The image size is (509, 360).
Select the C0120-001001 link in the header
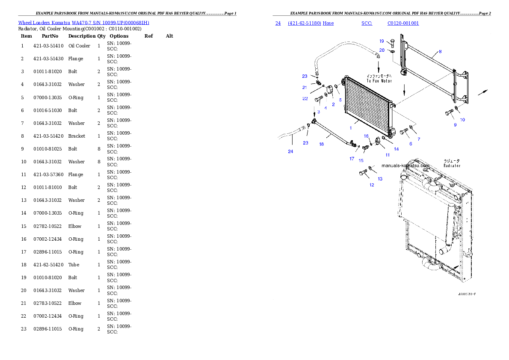[x=403, y=23]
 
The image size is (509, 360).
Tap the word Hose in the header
[x=328, y=23]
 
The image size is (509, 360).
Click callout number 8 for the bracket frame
[x=440, y=52]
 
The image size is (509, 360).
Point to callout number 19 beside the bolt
[x=382, y=41]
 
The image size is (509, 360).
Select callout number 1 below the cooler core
[x=351, y=128]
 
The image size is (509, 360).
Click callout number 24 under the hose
[x=290, y=151]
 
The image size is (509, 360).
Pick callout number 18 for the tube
[x=321, y=144]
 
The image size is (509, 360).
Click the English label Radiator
[x=452, y=165]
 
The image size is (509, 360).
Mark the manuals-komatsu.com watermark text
[x=405, y=166]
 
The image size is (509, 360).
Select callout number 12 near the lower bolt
[x=372, y=185]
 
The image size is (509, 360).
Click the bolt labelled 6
[x=404, y=132]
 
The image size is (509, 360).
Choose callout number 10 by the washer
[x=462, y=120]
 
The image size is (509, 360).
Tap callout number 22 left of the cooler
[x=305, y=98]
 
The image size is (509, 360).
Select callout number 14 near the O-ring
[x=396, y=149]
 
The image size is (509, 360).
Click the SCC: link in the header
[x=367, y=23]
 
